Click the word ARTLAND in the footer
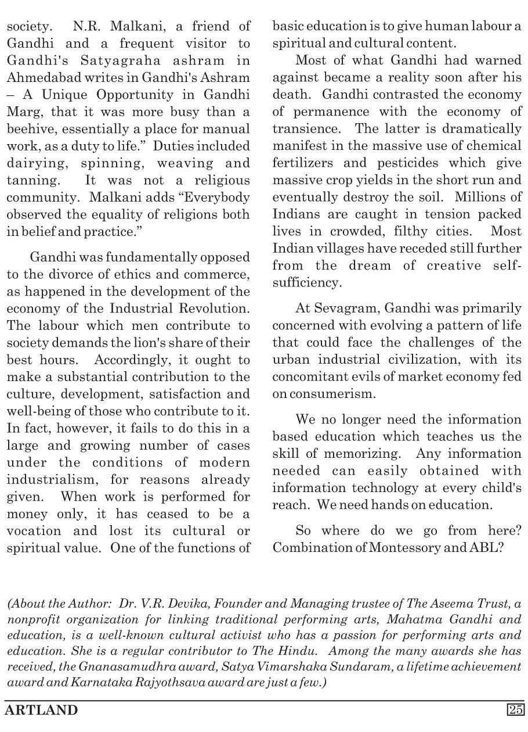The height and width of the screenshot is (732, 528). (41, 709)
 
